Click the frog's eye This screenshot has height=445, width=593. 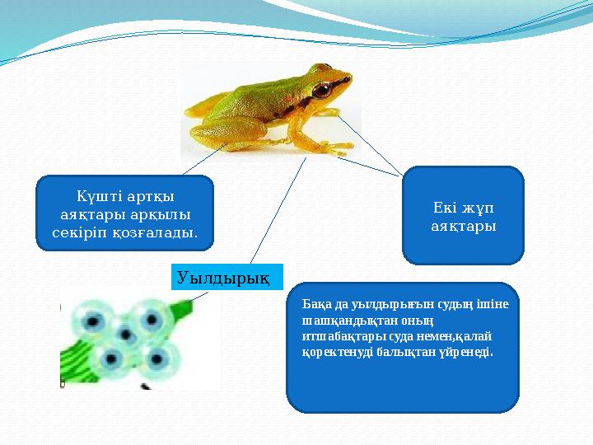[x=321, y=88]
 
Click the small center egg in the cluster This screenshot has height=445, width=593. [x=127, y=335]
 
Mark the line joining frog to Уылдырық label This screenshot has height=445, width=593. [x=278, y=210]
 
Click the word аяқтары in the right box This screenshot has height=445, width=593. [x=463, y=224]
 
